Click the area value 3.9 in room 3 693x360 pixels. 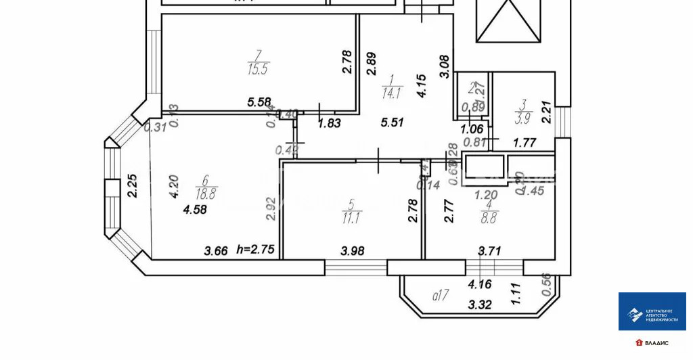522,119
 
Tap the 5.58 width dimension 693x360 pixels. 260,102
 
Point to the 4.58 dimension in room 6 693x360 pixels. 195,210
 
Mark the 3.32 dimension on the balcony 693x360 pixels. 480,305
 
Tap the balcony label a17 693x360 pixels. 441,295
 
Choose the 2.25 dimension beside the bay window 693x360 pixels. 133,186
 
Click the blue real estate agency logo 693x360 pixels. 652,311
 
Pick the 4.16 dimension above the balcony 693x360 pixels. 480,286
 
